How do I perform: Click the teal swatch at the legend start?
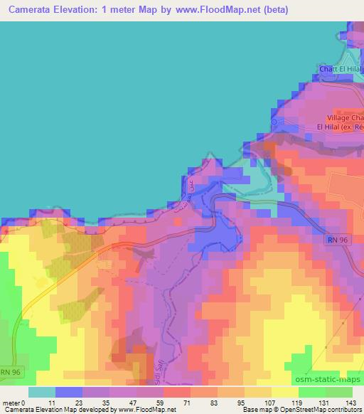tap(41, 392)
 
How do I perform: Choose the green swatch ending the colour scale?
tap(339, 392)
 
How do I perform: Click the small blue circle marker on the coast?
tap(274, 122)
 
